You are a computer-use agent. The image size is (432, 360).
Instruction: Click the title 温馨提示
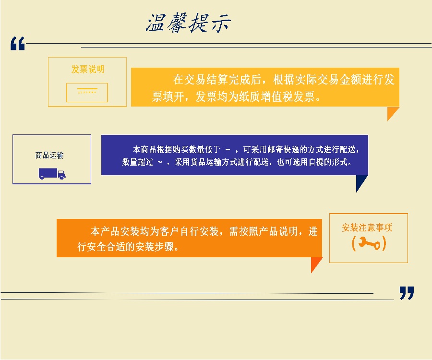[x=188, y=23]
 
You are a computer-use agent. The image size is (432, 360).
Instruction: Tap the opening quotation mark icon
[x=18, y=44]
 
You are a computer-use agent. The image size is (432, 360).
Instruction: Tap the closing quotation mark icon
[x=407, y=293]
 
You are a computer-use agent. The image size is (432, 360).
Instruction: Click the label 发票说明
[x=88, y=69]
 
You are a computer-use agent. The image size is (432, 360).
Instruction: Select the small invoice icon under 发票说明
[x=87, y=93]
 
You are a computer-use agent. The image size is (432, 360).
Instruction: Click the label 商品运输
[x=49, y=156]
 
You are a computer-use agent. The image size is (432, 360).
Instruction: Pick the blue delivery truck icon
[x=52, y=174]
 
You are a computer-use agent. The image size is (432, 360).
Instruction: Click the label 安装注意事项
[x=367, y=228]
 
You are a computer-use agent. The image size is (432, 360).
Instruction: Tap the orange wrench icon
[x=369, y=243]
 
